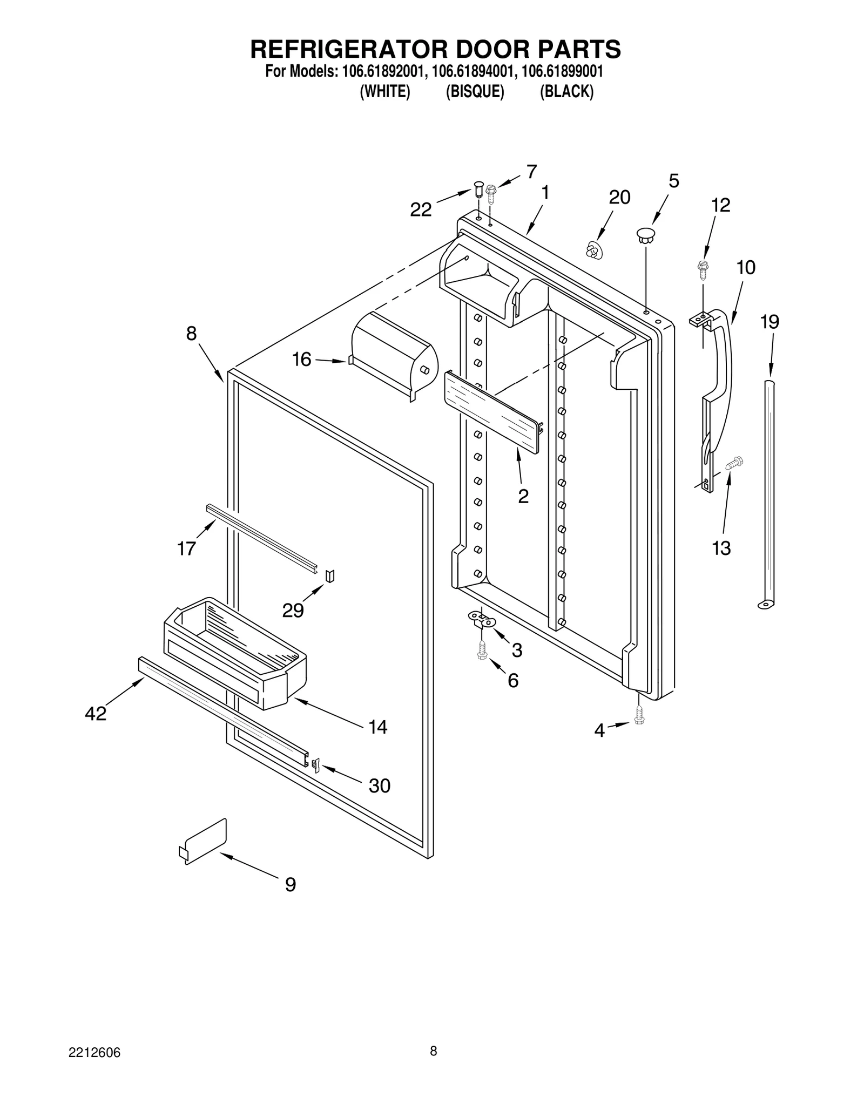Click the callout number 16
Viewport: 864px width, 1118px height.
(x=302, y=359)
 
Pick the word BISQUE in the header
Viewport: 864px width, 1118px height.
(x=475, y=92)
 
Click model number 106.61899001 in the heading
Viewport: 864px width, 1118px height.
(x=562, y=71)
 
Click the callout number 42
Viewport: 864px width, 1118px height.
(x=96, y=714)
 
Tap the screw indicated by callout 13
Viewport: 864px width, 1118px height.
(x=734, y=462)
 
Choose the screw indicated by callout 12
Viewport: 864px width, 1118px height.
(x=703, y=267)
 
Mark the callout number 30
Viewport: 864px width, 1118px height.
(x=379, y=785)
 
